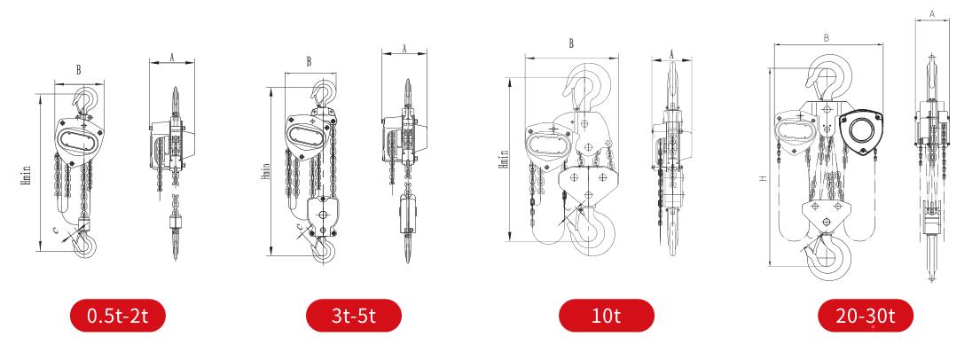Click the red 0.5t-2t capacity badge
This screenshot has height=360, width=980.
[x=117, y=316]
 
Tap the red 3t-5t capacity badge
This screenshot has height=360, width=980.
[x=353, y=316]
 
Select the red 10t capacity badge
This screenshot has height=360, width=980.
[x=607, y=316]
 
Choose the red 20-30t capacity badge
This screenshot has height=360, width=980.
[x=866, y=316]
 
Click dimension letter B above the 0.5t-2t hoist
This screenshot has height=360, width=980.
[x=79, y=70]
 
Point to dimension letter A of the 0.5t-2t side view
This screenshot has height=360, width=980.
[x=172, y=57]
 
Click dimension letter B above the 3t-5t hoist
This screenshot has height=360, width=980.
[x=309, y=62]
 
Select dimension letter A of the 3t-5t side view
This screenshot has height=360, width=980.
[x=404, y=48]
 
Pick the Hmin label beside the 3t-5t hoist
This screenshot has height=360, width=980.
[x=266, y=171]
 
